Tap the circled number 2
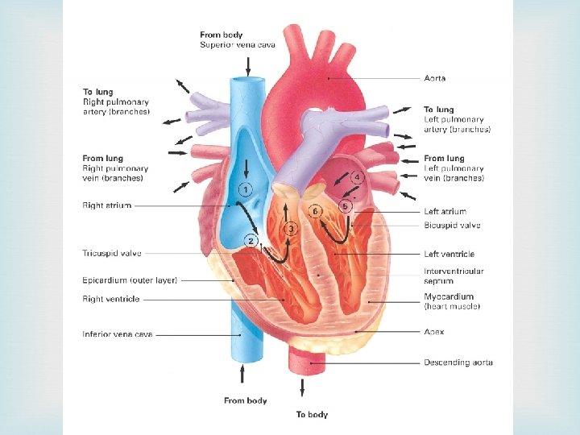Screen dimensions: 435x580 (252, 240)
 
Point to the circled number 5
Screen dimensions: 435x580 (345, 206)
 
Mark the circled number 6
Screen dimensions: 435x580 (317, 211)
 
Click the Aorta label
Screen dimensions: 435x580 (434, 78)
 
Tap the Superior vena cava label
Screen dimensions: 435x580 (238, 45)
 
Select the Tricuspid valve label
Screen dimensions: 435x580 (112, 253)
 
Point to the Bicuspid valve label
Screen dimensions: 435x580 (452, 226)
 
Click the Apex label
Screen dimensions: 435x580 (434, 331)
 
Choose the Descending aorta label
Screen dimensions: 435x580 (458, 362)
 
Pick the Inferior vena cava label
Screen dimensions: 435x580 (118, 333)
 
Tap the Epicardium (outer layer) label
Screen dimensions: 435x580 (130, 280)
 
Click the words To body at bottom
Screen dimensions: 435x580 (312, 414)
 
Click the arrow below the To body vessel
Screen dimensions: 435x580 (302, 387)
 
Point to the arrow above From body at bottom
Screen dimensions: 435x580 (245, 375)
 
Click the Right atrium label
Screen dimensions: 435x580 (107, 205)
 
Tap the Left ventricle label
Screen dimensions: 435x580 (449, 255)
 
